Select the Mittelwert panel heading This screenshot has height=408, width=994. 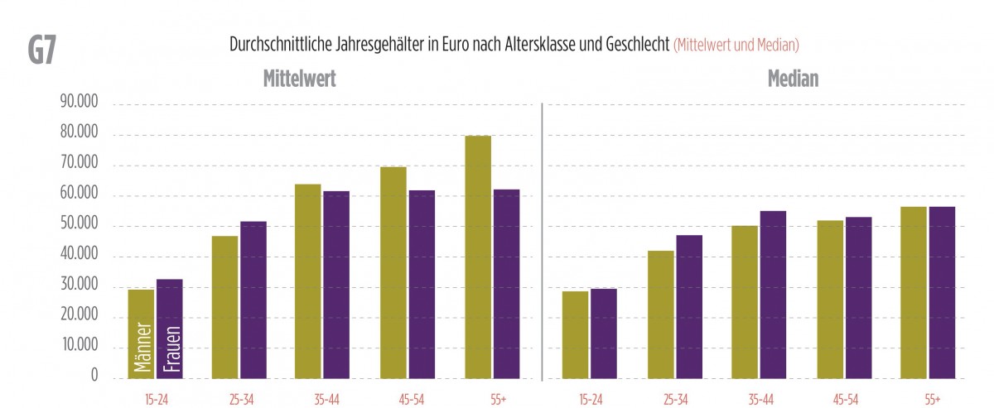[x=299, y=79]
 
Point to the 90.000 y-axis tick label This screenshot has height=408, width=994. [x=79, y=104]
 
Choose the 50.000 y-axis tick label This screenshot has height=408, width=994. [x=79, y=226]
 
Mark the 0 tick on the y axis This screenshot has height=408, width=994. [x=94, y=377]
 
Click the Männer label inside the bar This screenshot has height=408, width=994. [x=141, y=348]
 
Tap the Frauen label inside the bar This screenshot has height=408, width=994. [x=169, y=348]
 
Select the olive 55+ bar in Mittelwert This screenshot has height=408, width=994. [x=478, y=257]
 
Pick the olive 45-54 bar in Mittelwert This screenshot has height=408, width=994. [x=393, y=273]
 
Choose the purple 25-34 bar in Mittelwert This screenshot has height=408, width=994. [x=253, y=300]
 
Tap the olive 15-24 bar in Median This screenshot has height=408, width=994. [x=575, y=334]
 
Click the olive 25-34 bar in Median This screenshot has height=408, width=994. [x=660, y=314]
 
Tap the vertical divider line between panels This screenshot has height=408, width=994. [x=542, y=240]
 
